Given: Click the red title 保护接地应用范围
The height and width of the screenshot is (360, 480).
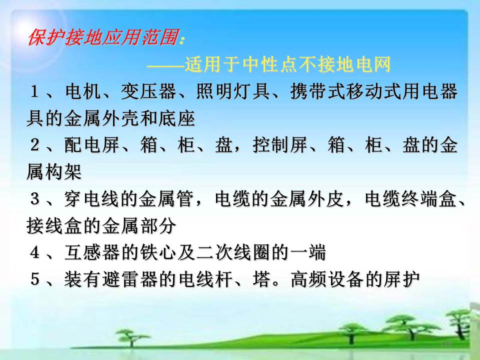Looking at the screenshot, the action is tap(103, 38).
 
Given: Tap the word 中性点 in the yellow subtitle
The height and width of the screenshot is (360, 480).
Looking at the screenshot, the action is tap(270, 65).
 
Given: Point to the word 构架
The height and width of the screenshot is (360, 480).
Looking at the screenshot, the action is tap(63, 171).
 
